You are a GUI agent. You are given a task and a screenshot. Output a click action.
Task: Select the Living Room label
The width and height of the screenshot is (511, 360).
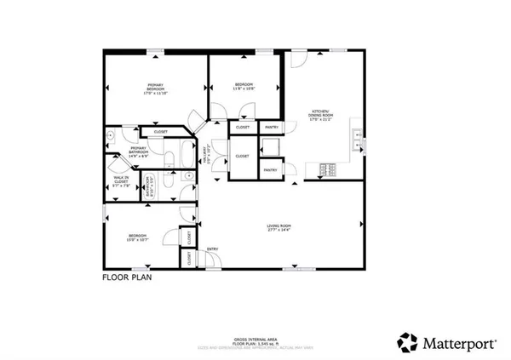[278, 227]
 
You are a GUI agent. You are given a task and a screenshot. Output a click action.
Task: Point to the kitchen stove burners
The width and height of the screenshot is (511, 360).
[327, 168]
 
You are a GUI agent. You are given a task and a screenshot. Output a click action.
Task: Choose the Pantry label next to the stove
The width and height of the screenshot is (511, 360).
[270, 170]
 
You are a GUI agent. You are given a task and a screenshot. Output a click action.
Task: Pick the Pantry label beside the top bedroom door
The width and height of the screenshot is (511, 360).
[272, 127]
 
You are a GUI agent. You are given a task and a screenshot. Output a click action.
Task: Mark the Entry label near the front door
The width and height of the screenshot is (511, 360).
[213, 249]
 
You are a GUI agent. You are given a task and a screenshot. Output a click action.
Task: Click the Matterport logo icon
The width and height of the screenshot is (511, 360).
[408, 342]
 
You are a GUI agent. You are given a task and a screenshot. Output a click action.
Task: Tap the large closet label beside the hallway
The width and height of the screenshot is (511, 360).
[242, 156]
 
